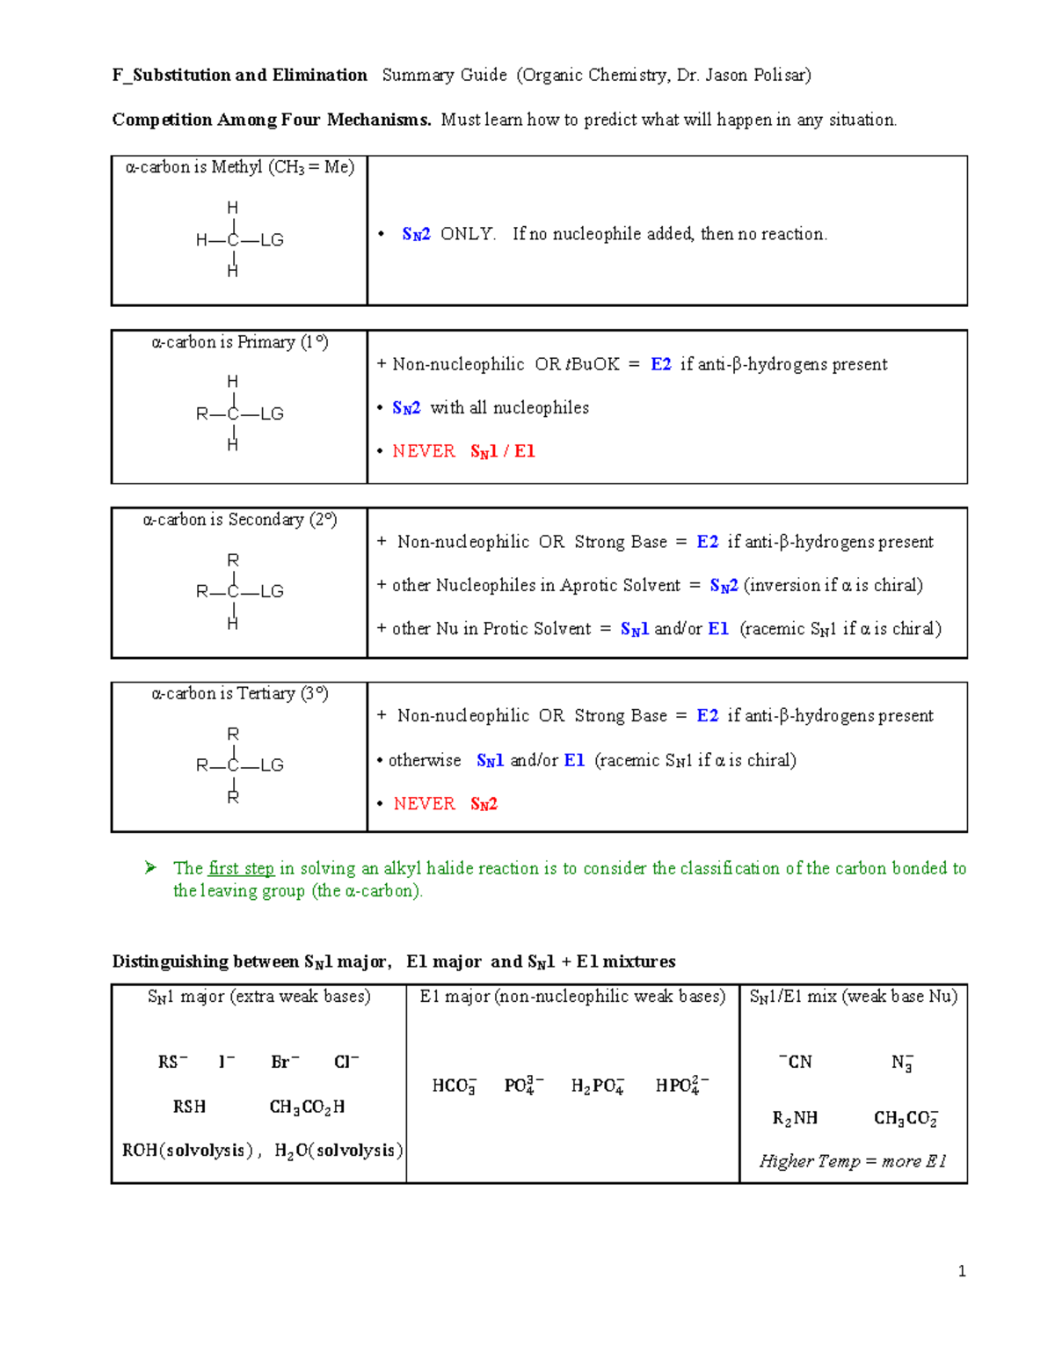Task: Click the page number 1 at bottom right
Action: pyautogui.click(x=962, y=1270)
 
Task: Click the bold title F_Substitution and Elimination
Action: pyautogui.click(x=239, y=76)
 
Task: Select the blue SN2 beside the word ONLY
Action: pyautogui.click(x=416, y=234)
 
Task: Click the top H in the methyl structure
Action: pyautogui.click(x=232, y=208)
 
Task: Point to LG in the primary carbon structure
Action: pyautogui.click(x=272, y=413)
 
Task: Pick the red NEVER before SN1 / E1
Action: pyautogui.click(x=424, y=451)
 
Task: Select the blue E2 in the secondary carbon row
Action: pyautogui.click(x=707, y=542)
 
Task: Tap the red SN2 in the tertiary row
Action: pyautogui.click(x=484, y=804)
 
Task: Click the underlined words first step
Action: pyautogui.click(x=241, y=868)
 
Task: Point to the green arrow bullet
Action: pyautogui.click(x=150, y=868)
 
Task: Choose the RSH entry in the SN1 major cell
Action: pyautogui.click(x=189, y=1107)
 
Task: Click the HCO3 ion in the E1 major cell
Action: pyautogui.click(x=454, y=1086)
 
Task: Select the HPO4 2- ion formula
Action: pyautogui.click(x=681, y=1086)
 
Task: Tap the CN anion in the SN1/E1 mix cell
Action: pyautogui.click(x=796, y=1062)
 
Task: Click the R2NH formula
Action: pyautogui.click(x=795, y=1118)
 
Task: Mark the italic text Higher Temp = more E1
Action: pyautogui.click(x=853, y=1161)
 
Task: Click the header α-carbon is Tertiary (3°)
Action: pyautogui.click(x=239, y=694)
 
